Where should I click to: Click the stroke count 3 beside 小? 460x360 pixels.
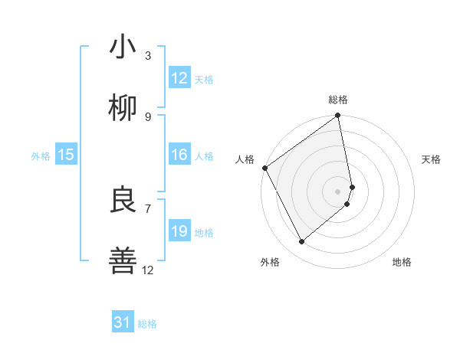[148, 55]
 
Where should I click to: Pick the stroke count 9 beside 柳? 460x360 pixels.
[148, 116]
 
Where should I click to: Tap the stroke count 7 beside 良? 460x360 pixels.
[148, 208]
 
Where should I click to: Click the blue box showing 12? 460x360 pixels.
[179, 78]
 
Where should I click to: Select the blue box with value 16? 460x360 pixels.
[179, 155]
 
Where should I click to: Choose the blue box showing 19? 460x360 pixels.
[179, 231]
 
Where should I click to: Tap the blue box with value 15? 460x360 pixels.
[66, 155]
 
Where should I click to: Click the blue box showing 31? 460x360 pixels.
[123, 322]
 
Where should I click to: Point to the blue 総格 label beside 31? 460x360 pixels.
[147, 324]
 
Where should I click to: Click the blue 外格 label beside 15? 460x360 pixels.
[41, 156]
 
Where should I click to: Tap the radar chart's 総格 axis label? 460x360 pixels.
[338, 100]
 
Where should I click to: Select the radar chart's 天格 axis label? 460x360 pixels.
[431, 159]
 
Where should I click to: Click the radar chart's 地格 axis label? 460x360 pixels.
[402, 262]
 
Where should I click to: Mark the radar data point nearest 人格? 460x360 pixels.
[264, 168]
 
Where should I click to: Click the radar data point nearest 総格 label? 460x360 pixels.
[337, 116]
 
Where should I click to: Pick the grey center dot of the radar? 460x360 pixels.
[337, 191]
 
